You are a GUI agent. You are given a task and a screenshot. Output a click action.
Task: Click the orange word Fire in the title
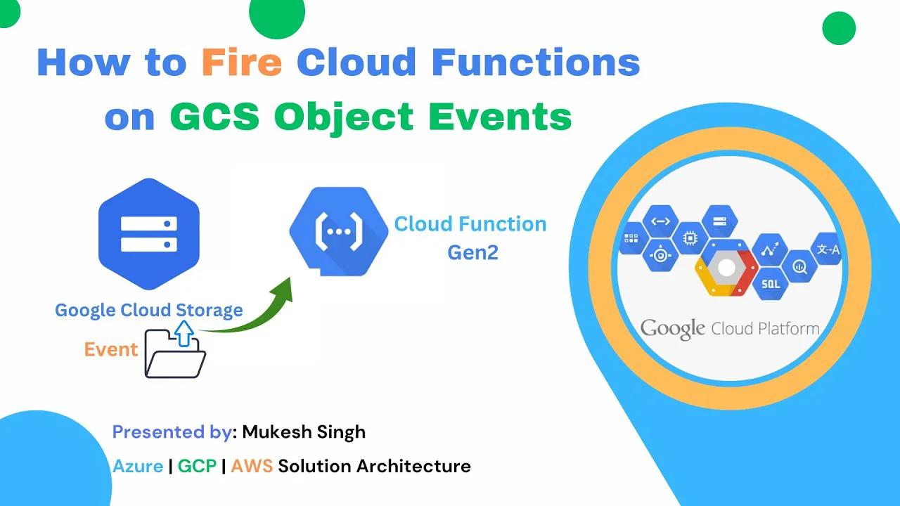point(242,63)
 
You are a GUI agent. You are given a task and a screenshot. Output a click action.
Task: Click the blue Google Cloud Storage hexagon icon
point(149,234)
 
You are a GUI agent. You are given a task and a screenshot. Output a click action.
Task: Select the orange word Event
point(110,349)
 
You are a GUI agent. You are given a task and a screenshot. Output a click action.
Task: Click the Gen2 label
point(472,252)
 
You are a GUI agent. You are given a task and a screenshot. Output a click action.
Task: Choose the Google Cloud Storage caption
point(149,310)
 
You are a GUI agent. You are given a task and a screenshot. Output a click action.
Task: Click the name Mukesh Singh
point(304,432)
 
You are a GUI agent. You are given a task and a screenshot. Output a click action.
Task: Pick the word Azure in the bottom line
point(138,465)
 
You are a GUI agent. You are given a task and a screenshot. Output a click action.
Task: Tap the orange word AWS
point(252,465)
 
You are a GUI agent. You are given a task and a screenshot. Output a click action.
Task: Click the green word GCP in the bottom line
point(197,465)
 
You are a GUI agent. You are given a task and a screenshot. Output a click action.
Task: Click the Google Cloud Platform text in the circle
point(730,328)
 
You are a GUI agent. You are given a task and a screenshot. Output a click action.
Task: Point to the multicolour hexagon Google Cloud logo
point(726,268)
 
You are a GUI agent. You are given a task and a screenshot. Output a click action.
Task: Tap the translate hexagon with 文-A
point(826,249)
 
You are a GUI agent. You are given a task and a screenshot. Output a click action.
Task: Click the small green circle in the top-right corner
point(838,29)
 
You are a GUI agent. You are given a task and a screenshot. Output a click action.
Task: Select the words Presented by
point(172,432)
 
